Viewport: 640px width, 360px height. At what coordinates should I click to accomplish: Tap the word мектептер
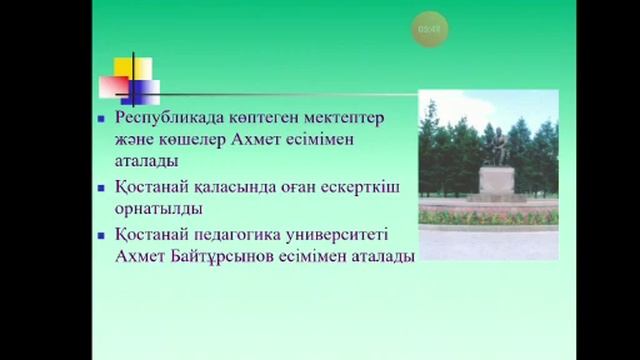click(349, 119)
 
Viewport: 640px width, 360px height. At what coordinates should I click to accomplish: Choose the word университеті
click(345, 235)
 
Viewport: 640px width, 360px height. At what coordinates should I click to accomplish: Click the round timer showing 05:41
click(427, 30)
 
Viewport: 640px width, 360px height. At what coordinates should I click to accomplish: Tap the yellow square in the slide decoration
click(132, 69)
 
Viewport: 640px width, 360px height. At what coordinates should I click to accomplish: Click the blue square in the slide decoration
click(138, 93)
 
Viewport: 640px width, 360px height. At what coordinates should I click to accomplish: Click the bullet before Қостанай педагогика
click(100, 235)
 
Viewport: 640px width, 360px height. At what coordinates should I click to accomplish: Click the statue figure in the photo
click(493, 146)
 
